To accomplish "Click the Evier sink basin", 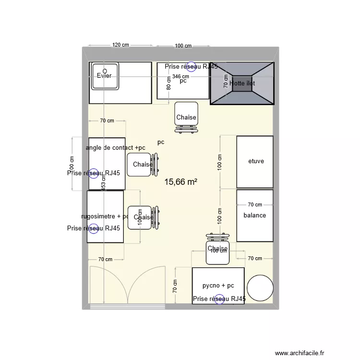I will pyautogui.click(x=105, y=76).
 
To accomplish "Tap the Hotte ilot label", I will pyautogui.click(x=242, y=83).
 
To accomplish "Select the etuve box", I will pyautogui.click(x=255, y=162).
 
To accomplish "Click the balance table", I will pyautogui.click(x=255, y=216).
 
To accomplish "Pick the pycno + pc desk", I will pyautogui.click(x=218, y=285).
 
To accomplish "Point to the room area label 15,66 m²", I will pyautogui.click(x=181, y=182).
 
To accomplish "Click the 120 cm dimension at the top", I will pyautogui.click(x=120, y=45).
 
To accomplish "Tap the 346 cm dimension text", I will pyautogui.click(x=181, y=76).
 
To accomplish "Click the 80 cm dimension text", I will pyautogui.click(x=168, y=84).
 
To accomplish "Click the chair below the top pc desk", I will pyautogui.click(x=186, y=117).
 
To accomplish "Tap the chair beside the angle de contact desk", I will pyautogui.click(x=143, y=165).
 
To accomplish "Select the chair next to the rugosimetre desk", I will pyautogui.click(x=143, y=217).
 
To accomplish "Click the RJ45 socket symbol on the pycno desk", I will pyautogui.click(x=220, y=299).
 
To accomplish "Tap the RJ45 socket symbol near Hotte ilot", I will pyautogui.click(x=192, y=67).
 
